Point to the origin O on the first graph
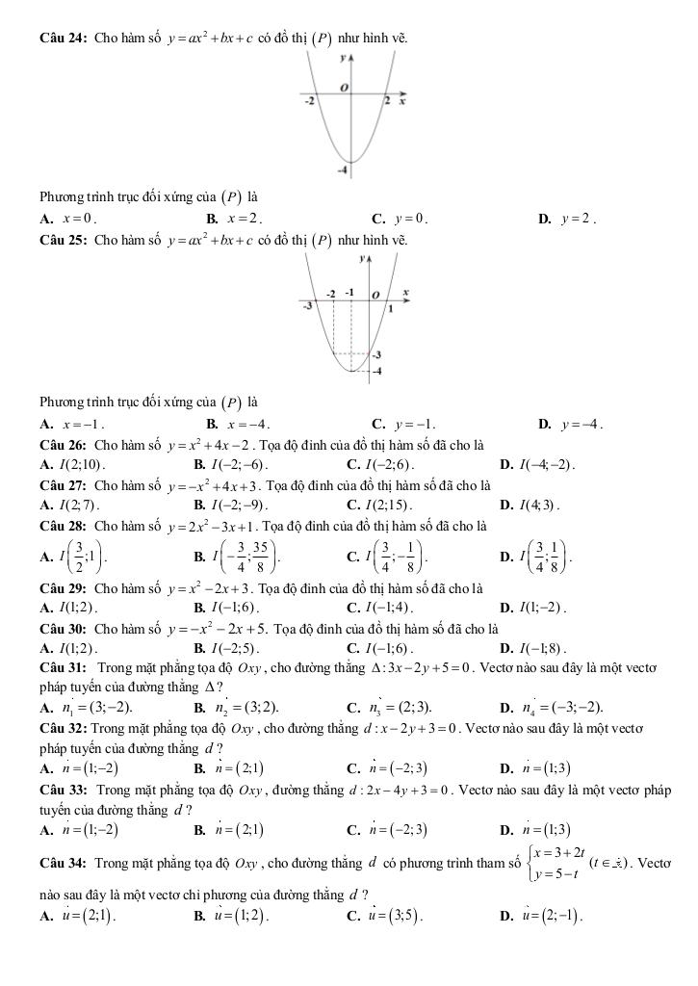tap(341, 88)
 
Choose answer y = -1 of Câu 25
tap(415, 423)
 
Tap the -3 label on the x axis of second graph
tap(308, 305)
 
